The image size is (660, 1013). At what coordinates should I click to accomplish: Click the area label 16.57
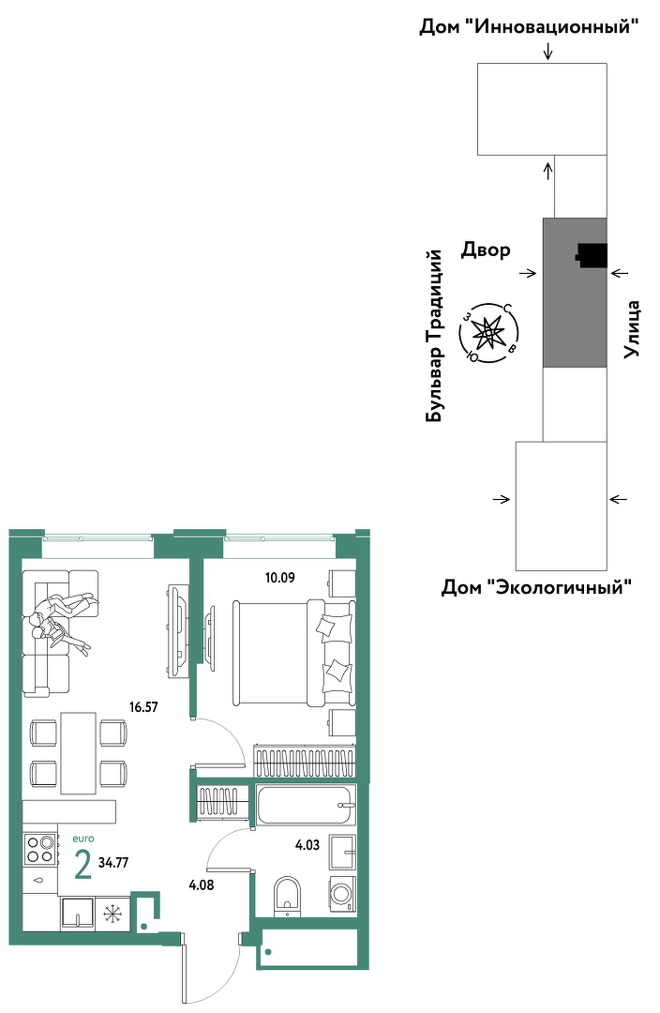[143, 707]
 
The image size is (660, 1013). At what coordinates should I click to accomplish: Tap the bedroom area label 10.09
[279, 578]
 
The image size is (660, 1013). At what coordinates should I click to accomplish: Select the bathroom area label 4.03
[307, 844]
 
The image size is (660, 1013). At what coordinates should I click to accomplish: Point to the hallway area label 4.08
[201, 885]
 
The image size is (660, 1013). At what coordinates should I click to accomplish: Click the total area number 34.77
[113, 862]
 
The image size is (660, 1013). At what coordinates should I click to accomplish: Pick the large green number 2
[82, 865]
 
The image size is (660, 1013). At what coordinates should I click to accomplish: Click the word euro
[83, 839]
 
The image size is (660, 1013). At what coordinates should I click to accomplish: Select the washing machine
[342, 894]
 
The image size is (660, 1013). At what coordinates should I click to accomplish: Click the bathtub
[307, 805]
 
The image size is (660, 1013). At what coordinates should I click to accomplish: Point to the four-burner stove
[39, 848]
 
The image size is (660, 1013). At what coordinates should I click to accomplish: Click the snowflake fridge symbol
[113, 915]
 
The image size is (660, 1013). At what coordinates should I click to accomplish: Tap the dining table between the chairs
[79, 752]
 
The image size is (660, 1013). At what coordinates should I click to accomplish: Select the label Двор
[486, 249]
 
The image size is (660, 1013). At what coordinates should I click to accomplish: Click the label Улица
[632, 329]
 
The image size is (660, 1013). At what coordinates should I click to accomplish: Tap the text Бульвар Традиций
[435, 337]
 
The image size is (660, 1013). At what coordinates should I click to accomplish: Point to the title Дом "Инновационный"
[530, 27]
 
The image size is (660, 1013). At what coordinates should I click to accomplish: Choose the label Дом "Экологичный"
[536, 587]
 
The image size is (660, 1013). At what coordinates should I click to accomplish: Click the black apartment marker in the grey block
[592, 254]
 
